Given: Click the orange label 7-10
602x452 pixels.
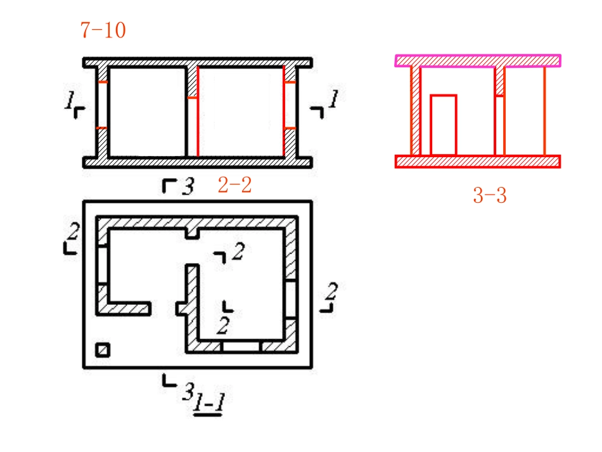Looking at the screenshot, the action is coord(103,30).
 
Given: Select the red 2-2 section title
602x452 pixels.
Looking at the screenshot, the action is coord(234,184).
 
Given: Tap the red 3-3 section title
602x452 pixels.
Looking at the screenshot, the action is coord(489,195).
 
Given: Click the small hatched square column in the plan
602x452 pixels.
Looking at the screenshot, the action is coord(103,350).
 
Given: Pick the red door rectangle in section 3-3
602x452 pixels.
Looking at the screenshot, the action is coord(444,125).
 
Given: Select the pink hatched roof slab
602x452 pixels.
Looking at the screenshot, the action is coord(478,61).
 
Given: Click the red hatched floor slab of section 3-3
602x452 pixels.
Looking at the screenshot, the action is coord(478,162).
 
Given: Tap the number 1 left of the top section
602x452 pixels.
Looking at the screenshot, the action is coord(70,100).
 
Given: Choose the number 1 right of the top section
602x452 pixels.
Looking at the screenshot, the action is coord(333,99).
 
